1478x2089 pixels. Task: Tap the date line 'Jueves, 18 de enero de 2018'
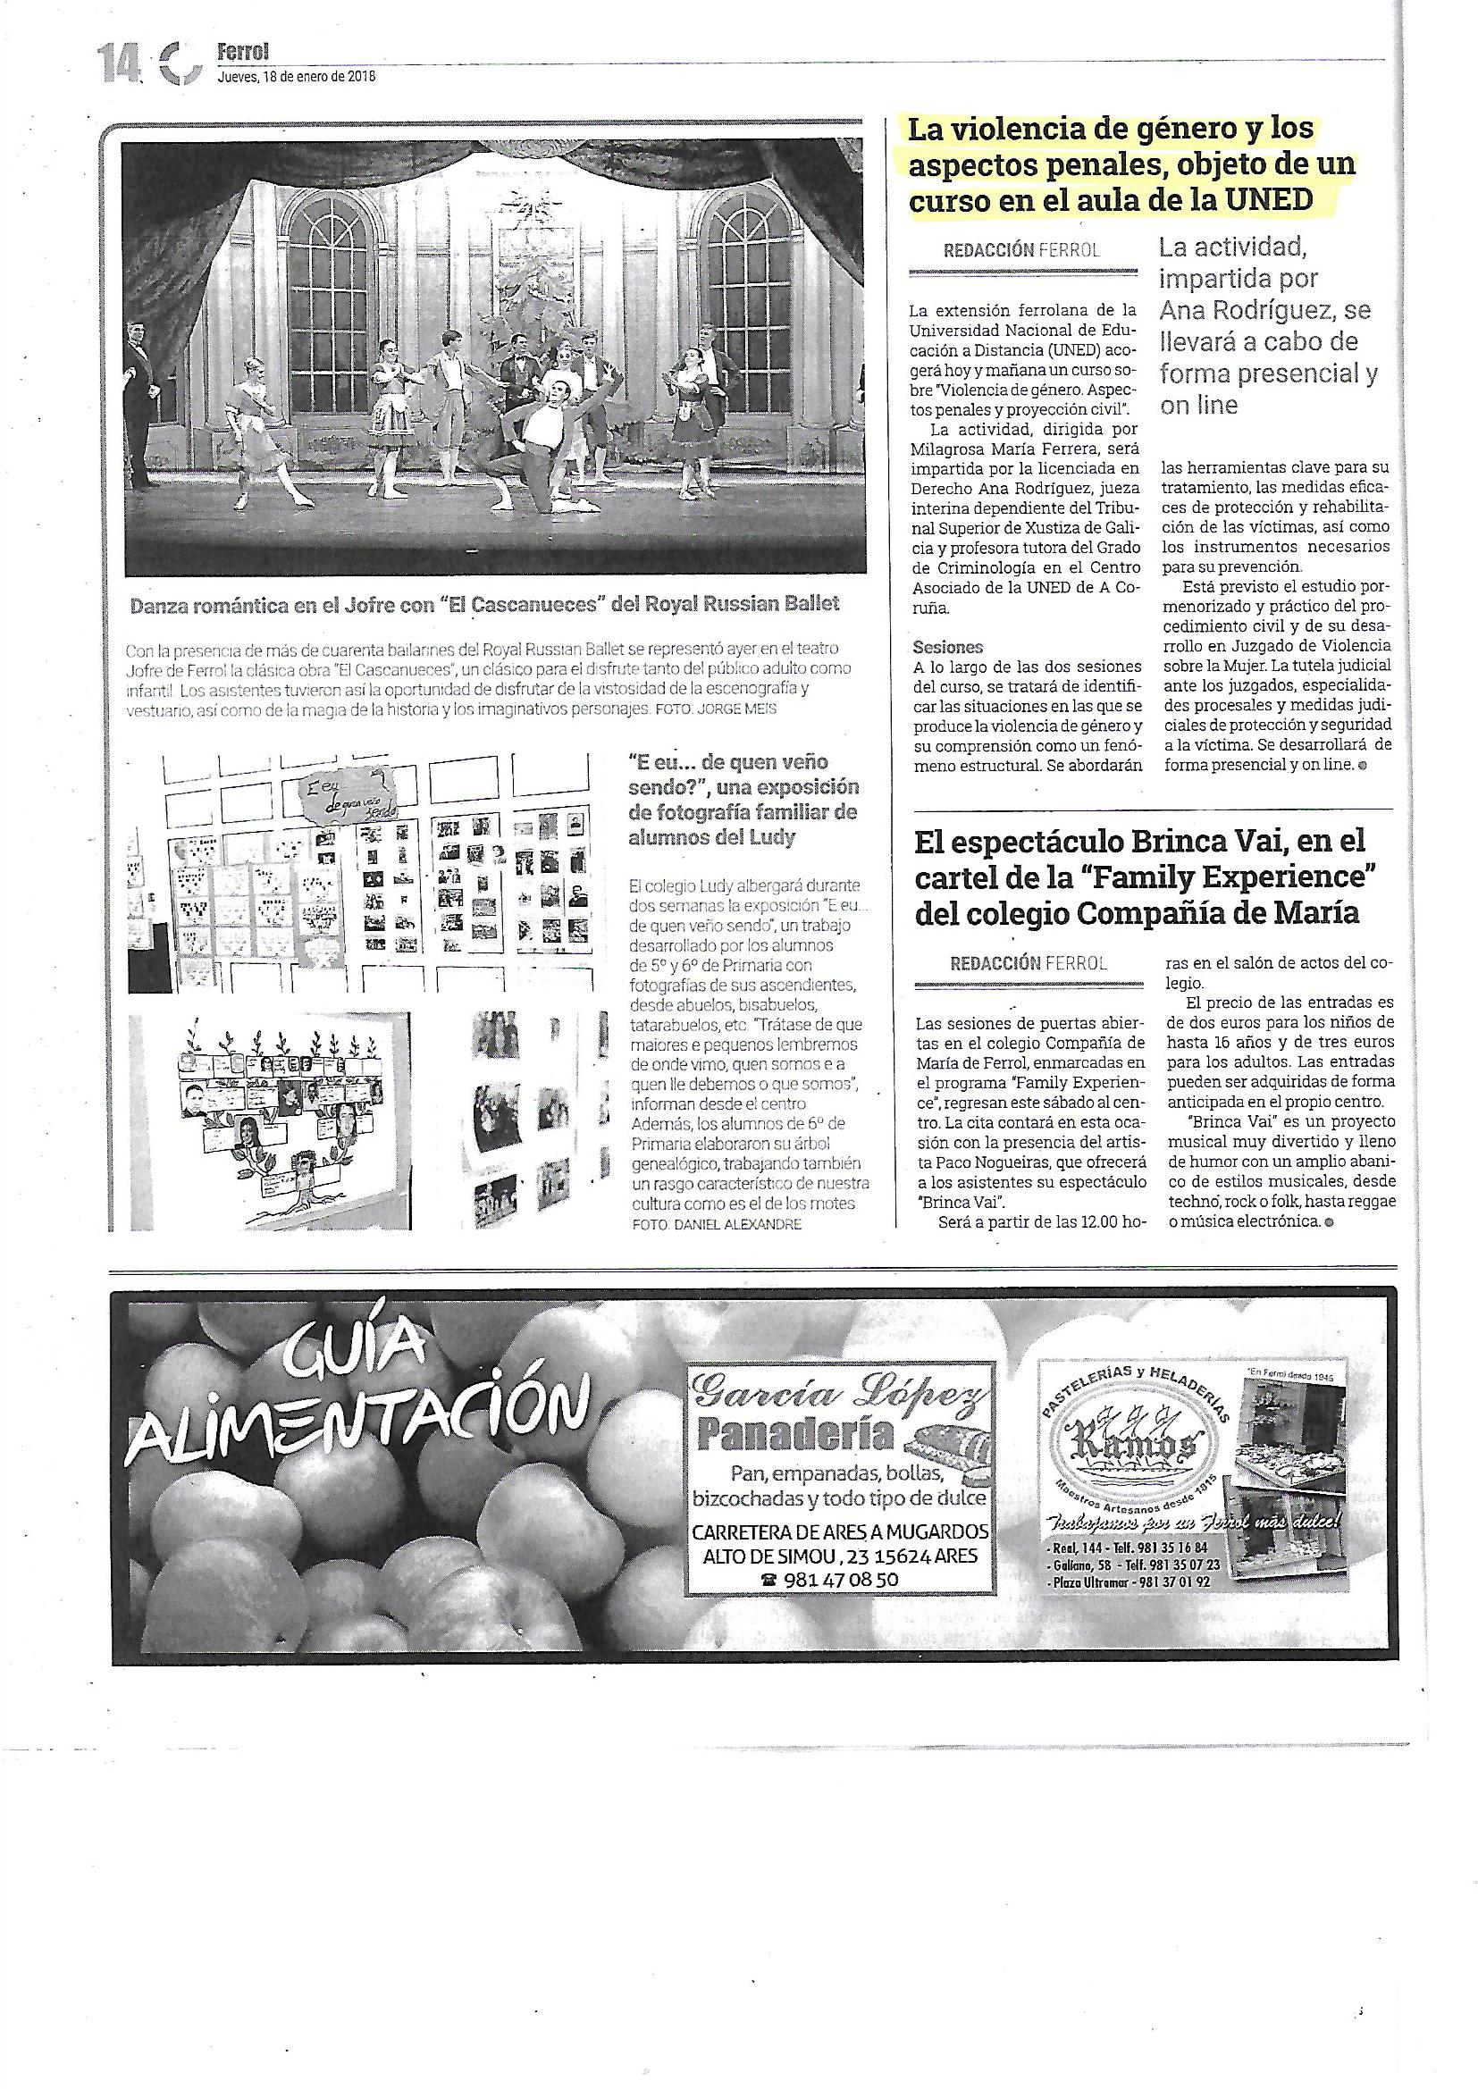tap(296, 78)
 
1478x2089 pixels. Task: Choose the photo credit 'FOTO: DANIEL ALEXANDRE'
tap(717, 1225)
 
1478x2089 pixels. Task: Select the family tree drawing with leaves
tap(264, 1119)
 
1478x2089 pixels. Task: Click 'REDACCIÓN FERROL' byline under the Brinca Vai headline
tap(1028, 963)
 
